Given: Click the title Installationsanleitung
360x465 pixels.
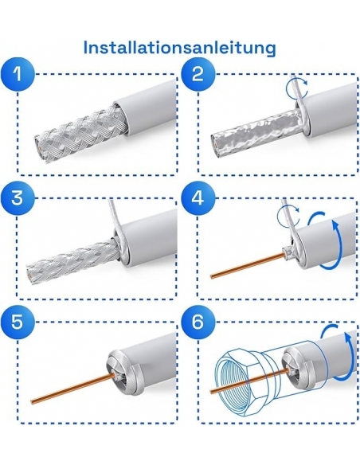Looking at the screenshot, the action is pos(180,48).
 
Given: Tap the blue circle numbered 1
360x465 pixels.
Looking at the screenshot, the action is pos(18,73).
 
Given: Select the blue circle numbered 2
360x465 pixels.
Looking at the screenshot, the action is pos(198,73).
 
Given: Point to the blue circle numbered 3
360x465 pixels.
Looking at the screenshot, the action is pos(18,197).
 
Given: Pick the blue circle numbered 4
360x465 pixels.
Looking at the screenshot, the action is pos(198,197).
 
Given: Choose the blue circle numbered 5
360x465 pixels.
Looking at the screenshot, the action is pos(18,322).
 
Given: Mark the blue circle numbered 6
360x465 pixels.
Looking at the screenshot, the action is pos(198,322).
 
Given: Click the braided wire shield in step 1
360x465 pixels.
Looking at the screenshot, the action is pos(80,134).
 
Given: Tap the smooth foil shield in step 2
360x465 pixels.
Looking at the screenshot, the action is pos(255,134).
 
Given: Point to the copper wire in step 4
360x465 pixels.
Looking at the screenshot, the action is pos(246,265).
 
